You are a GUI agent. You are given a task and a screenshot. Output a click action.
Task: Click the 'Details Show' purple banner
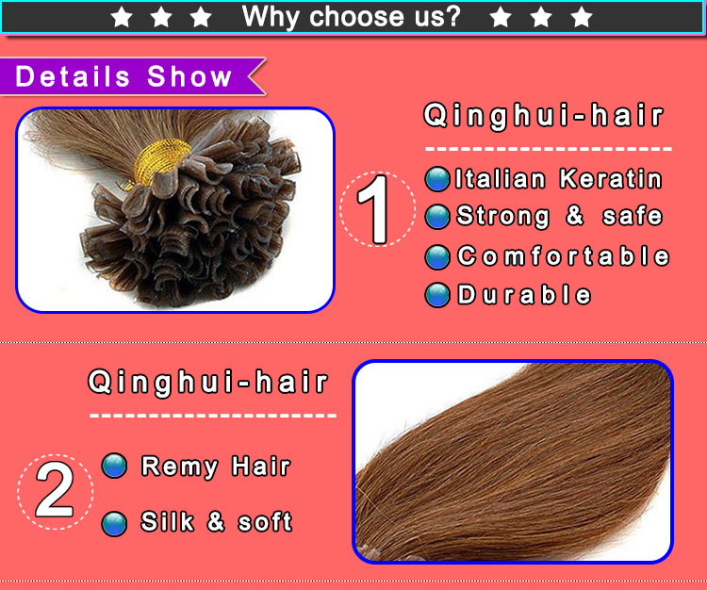click(x=131, y=76)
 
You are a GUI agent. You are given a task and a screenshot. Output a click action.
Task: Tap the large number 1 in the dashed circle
click(x=374, y=209)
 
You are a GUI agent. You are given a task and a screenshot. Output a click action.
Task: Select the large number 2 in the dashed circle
click(x=55, y=491)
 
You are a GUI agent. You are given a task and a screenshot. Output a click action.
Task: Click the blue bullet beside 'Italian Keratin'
click(x=436, y=179)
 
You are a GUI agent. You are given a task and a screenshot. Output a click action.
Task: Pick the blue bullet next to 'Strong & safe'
click(x=436, y=217)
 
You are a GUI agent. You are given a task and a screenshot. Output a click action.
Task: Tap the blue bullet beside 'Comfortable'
click(x=436, y=257)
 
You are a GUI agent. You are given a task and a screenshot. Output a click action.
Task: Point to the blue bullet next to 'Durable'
click(x=436, y=295)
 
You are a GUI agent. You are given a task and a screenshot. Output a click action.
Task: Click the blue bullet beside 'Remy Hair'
click(x=114, y=466)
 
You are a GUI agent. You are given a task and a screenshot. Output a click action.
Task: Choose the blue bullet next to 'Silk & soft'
click(x=114, y=524)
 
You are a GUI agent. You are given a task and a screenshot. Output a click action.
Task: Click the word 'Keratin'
click(x=611, y=179)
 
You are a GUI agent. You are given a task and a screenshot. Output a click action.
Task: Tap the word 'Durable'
click(x=524, y=295)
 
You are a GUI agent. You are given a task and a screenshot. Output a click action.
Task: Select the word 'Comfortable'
click(x=563, y=256)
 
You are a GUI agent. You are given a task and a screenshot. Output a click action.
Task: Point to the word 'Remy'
click(x=179, y=467)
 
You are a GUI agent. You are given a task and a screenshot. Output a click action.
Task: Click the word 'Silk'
click(x=167, y=521)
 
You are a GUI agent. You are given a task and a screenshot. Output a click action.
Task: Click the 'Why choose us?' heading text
click(x=352, y=17)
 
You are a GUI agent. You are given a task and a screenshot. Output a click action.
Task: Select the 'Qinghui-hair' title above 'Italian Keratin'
click(x=544, y=116)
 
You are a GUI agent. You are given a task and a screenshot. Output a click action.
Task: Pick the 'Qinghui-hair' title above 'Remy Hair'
click(x=208, y=383)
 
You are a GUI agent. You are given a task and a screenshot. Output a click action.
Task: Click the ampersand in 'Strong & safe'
click(x=575, y=216)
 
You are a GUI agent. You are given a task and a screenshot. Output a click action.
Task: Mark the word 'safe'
click(x=633, y=216)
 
